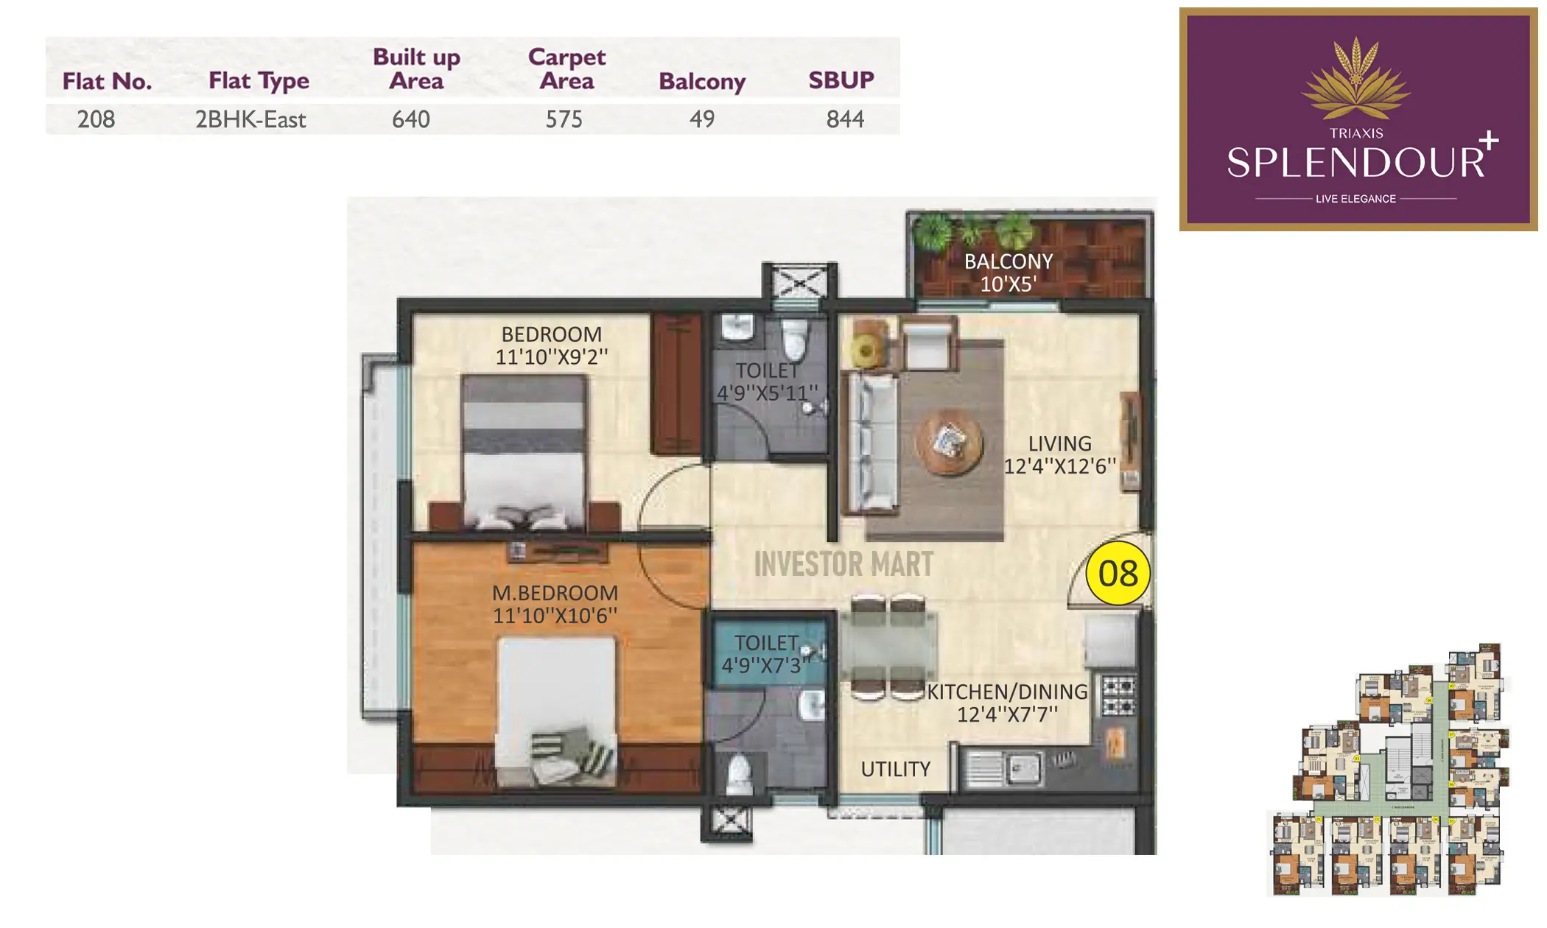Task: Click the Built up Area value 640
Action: pyautogui.click(x=410, y=119)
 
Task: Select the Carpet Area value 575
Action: pyautogui.click(x=564, y=119)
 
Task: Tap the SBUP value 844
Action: pyautogui.click(x=844, y=119)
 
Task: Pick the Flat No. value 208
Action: pyautogui.click(x=96, y=119)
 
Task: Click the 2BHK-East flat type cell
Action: pyautogui.click(x=250, y=119)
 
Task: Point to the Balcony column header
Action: pyautogui.click(x=701, y=81)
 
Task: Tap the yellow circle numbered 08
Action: pyautogui.click(x=1118, y=574)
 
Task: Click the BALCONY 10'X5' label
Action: pyautogui.click(x=1008, y=273)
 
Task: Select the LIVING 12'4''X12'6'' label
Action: pyautogui.click(x=1059, y=454)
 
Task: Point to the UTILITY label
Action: pyautogui.click(x=895, y=769)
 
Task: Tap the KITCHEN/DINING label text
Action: pyautogui.click(x=1006, y=692)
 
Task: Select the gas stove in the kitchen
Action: pyautogui.click(x=1118, y=696)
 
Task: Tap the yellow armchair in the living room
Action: pyautogui.click(x=867, y=350)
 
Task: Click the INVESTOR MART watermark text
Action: pyautogui.click(x=843, y=565)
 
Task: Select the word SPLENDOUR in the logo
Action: pyautogui.click(x=1354, y=162)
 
